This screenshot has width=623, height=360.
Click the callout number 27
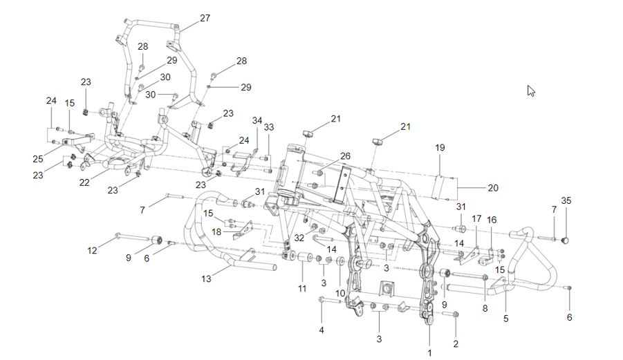[x=205, y=18]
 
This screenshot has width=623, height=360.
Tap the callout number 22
[x=84, y=183]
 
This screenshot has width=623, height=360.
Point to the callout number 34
[x=257, y=121]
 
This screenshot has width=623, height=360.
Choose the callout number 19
[x=440, y=148]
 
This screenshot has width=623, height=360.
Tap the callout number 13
[x=206, y=278]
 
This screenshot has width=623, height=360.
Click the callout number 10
[x=340, y=292]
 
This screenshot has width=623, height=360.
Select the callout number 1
[x=430, y=352]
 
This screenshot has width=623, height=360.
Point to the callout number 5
[x=505, y=319]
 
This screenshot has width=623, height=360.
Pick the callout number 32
[x=299, y=237]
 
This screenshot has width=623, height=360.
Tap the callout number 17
[x=476, y=218]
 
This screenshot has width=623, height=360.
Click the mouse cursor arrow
[x=531, y=91]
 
